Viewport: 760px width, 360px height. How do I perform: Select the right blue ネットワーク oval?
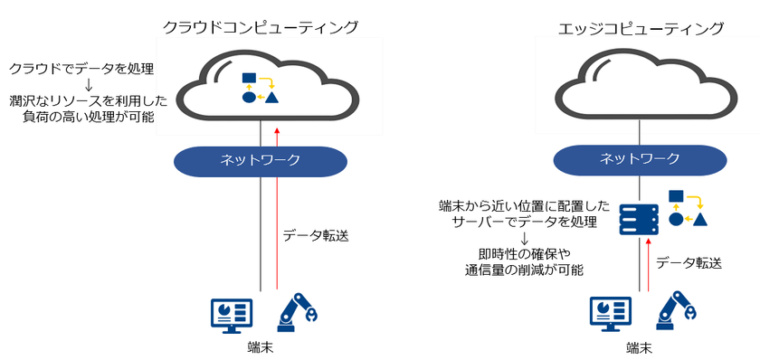pos(641,159)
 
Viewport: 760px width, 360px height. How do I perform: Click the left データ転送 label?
pos(315,235)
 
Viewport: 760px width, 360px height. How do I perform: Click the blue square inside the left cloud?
pos(250,79)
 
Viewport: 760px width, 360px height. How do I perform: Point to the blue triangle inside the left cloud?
pos(271,97)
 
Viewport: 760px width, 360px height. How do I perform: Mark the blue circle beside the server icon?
pos(676,218)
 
